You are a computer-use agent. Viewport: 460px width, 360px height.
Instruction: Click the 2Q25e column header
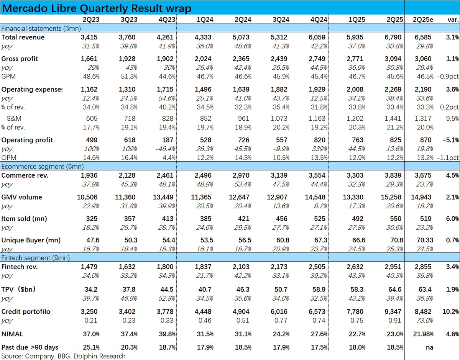click(x=423, y=20)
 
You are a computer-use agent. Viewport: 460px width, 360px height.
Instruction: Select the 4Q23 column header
click(x=167, y=20)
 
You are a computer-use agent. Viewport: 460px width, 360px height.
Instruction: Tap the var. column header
click(x=453, y=20)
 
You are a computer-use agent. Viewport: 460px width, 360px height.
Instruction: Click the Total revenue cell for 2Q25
click(x=393, y=37)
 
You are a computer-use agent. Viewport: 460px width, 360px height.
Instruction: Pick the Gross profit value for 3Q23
click(x=127, y=59)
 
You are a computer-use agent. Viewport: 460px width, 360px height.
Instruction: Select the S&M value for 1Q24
click(x=205, y=118)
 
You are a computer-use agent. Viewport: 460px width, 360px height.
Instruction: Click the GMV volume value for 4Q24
click(x=315, y=197)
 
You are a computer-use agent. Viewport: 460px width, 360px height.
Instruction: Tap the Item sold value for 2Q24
click(x=244, y=219)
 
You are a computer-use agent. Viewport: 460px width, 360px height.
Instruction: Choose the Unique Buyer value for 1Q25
click(x=357, y=241)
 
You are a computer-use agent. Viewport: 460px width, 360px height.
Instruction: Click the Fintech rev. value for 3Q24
click(x=279, y=267)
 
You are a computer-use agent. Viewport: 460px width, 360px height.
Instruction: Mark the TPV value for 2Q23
click(x=91, y=290)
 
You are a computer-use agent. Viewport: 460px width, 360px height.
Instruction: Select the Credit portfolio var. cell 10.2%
click(x=451, y=312)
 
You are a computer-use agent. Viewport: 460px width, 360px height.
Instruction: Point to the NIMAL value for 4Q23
click(x=167, y=334)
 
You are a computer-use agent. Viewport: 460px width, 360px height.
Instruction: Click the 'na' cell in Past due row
click(x=429, y=347)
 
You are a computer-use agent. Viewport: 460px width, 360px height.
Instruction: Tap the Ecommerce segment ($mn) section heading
click(x=42, y=167)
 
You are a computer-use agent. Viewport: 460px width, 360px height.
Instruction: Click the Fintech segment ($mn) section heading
click(x=35, y=258)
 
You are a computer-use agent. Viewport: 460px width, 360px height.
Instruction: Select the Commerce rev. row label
click(x=25, y=175)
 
